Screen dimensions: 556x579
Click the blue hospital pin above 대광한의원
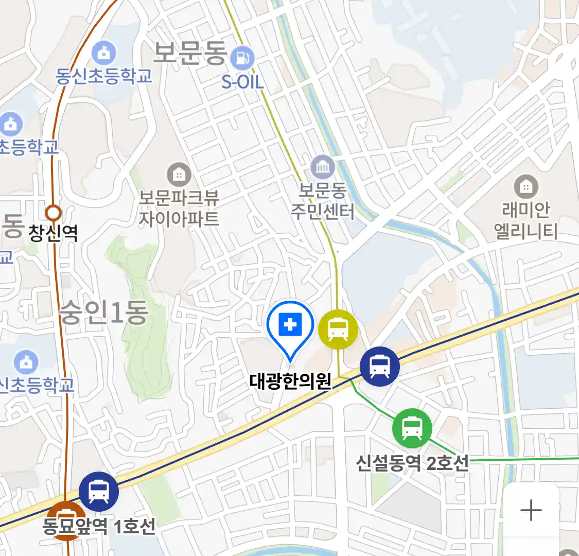290,325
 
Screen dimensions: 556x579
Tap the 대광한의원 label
290,381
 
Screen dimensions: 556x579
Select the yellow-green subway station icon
338,329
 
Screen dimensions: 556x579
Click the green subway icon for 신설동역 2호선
412,428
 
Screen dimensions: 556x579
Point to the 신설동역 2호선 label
412,463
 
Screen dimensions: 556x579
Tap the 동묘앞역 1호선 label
99,526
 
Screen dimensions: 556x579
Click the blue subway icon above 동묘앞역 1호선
99,491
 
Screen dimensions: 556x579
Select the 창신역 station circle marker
54,213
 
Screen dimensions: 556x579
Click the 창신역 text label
53,233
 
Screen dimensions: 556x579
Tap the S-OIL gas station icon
242,58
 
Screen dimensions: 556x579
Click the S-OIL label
242,81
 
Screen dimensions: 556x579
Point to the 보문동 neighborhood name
190,53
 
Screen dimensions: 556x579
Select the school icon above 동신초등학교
104,53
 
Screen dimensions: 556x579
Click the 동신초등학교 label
104,76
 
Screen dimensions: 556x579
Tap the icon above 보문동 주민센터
323,167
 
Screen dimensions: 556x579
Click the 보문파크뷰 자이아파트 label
179,208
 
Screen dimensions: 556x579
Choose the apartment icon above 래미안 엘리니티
525,186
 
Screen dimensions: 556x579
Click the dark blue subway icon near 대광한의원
379,367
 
